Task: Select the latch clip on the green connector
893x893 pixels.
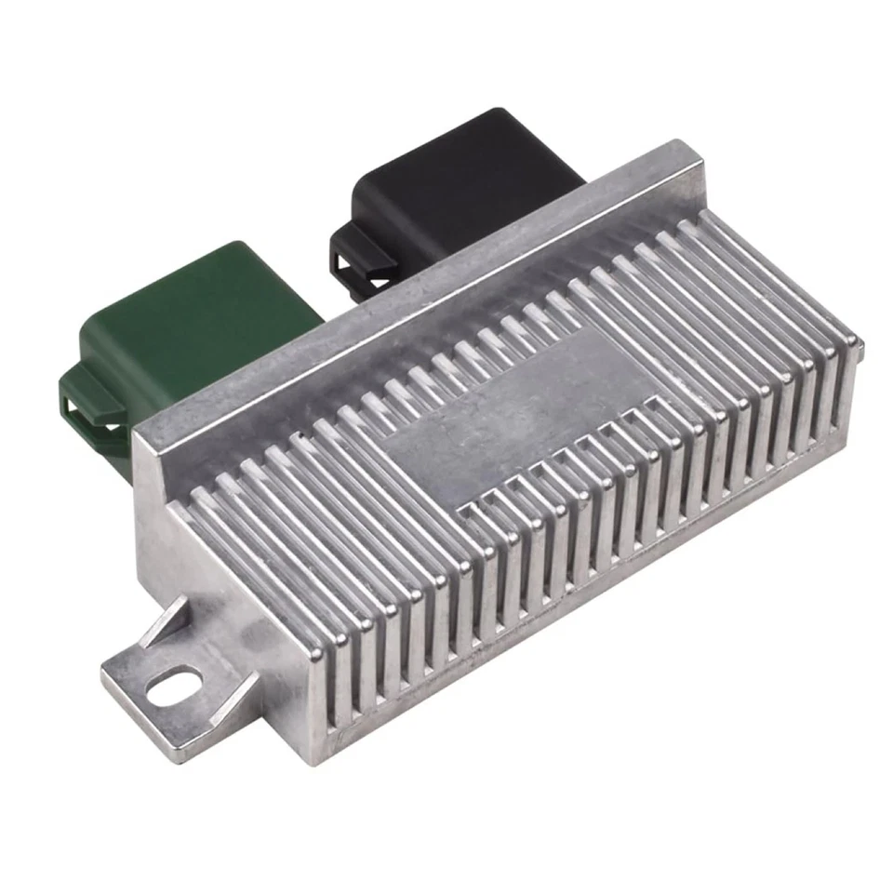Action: click(88, 409)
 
